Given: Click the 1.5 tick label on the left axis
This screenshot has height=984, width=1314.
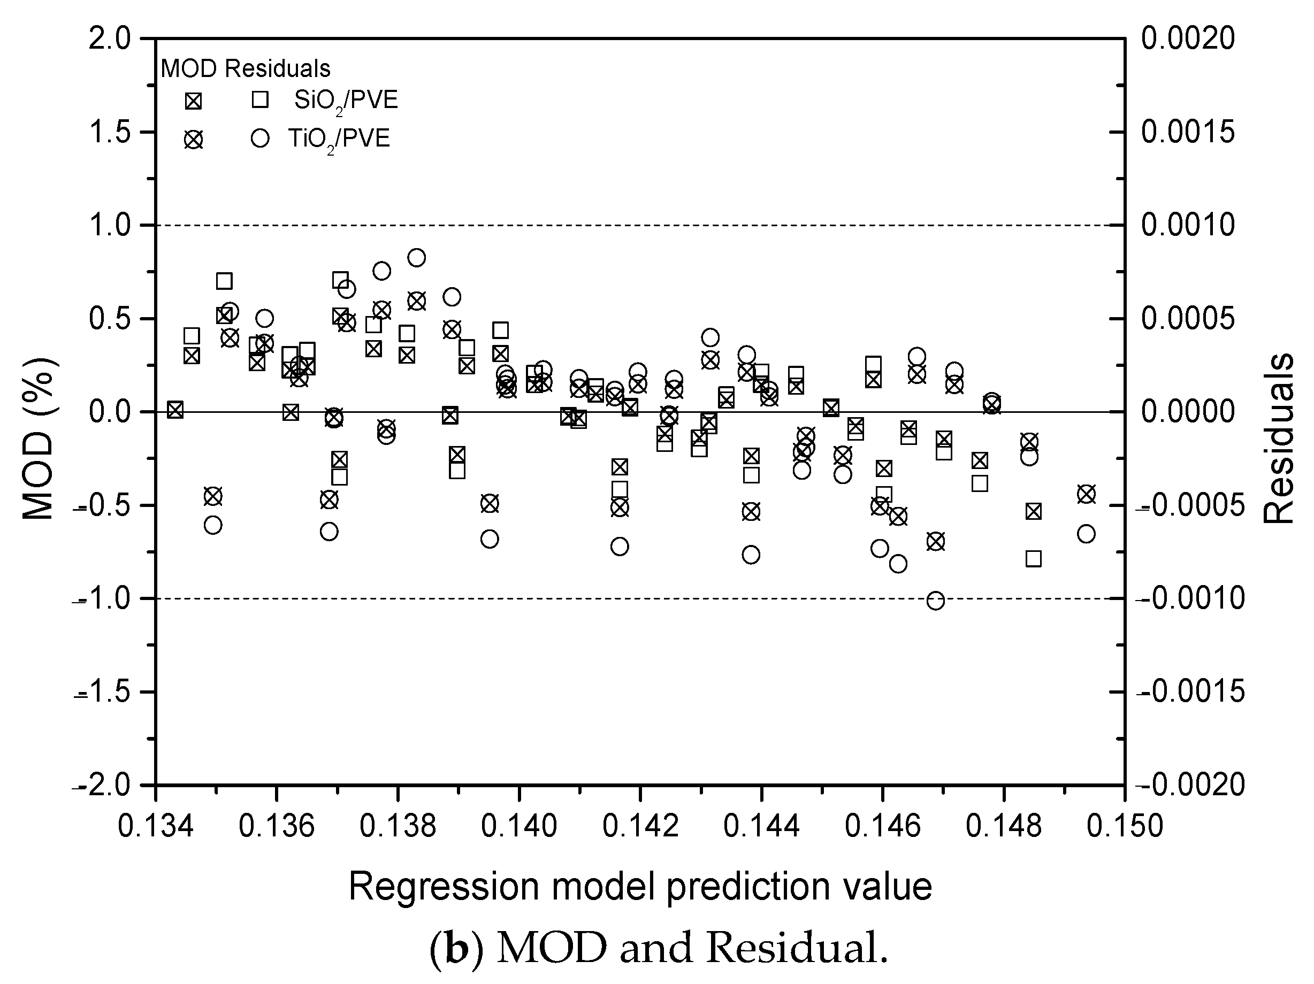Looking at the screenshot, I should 109,132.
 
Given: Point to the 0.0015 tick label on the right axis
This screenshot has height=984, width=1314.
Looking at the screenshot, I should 1188,132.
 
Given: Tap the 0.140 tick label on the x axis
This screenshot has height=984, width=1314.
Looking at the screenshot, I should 518,827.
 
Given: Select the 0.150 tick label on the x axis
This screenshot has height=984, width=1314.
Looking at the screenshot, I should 1124,827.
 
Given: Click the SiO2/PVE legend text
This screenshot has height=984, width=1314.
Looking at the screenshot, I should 346,101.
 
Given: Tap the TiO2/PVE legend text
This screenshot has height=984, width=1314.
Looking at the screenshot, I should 339,139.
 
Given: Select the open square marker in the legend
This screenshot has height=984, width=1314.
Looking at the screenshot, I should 260,100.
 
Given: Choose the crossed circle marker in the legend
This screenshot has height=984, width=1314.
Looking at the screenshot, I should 193,140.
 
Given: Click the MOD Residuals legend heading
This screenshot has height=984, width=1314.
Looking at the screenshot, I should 246,69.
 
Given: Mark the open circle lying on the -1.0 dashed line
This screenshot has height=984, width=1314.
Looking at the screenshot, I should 936,601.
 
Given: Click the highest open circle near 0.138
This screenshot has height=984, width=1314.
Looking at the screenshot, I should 416,258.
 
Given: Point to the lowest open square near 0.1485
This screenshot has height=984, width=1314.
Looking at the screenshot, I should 1034,559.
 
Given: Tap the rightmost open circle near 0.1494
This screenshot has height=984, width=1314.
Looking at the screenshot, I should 1086,534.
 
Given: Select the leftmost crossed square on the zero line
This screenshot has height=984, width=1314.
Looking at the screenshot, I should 174,410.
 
